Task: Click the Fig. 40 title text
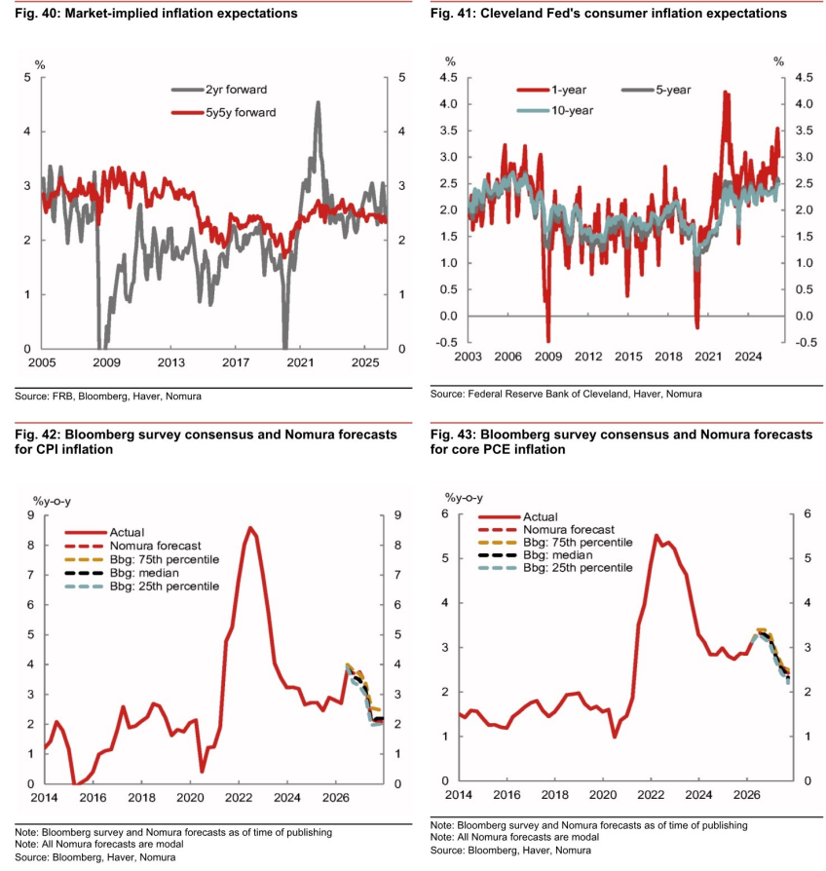tap(156, 14)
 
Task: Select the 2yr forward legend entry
tap(219, 90)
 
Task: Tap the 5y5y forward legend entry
tap(224, 112)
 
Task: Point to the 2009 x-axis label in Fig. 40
tap(106, 362)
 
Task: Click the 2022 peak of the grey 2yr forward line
tap(318, 102)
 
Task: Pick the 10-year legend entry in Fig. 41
tap(555, 110)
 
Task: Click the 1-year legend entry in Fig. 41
tap(551, 90)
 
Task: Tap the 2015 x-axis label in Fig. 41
tap(628, 357)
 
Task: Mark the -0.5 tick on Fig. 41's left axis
tap(447, 343)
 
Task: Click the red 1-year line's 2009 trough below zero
tap(548, 340)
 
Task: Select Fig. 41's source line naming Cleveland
tap(566, 394)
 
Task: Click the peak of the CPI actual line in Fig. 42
tap(250, 528)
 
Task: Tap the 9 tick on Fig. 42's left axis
tap(30, 515)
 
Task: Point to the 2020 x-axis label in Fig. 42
tap(190, 798)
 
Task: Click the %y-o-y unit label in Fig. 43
tap(464, 498)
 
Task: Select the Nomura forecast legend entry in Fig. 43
tap(546, 529)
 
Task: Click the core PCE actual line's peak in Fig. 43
tap(656, 536)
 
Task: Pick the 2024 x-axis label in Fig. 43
tap(698, 795)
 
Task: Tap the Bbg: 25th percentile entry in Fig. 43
tap(555, 568)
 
